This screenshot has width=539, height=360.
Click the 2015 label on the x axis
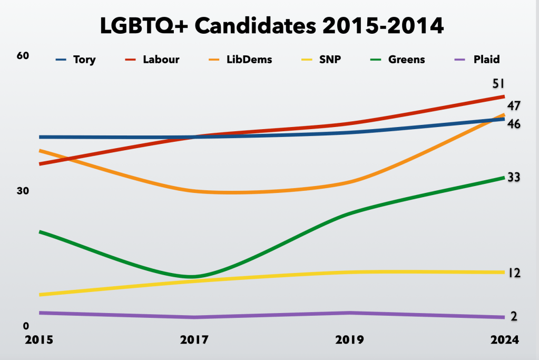click(x=40, y=340)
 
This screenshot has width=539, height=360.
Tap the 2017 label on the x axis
click(x=195, y=340)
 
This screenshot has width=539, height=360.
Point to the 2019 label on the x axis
click(x=349, y=340)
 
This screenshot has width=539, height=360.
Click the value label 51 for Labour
click(x=499, y=84)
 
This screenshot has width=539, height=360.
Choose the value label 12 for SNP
click(x=514, y=273)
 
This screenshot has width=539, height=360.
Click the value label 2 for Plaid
click(x=514, y=316)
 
